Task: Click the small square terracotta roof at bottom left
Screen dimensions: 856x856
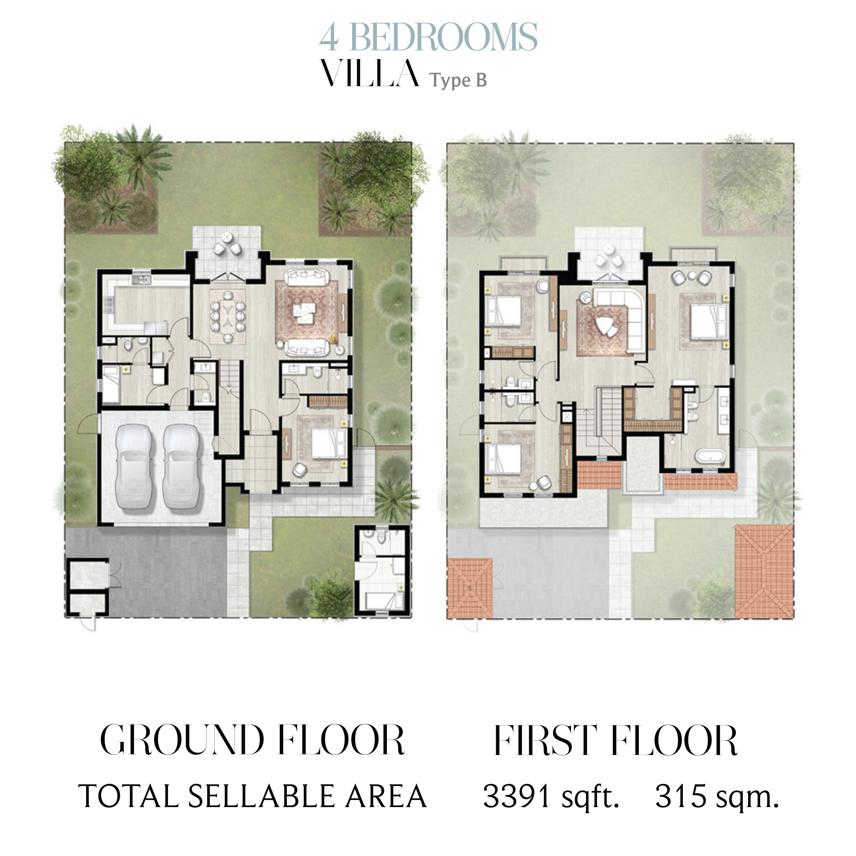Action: point(470,588)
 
